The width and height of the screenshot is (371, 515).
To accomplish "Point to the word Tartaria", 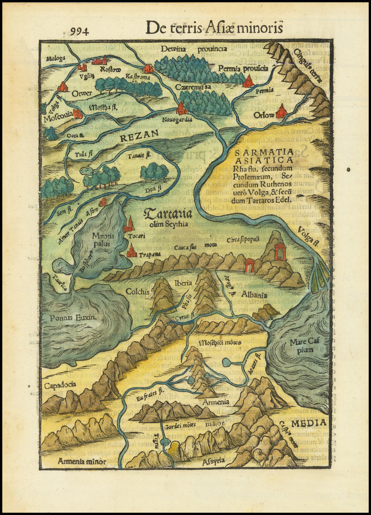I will tap(168, 214).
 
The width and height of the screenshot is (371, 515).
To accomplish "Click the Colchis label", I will tap(138, 292).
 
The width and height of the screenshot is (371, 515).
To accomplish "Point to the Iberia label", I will tap(183, 283).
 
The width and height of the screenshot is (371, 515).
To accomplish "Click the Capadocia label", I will tap(60, 385).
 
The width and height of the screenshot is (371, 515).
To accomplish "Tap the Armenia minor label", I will tap(82, 461).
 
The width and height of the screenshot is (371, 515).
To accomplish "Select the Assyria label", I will tap(214, 461).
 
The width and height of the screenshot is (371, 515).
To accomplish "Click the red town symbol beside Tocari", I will tap(128, 225).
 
